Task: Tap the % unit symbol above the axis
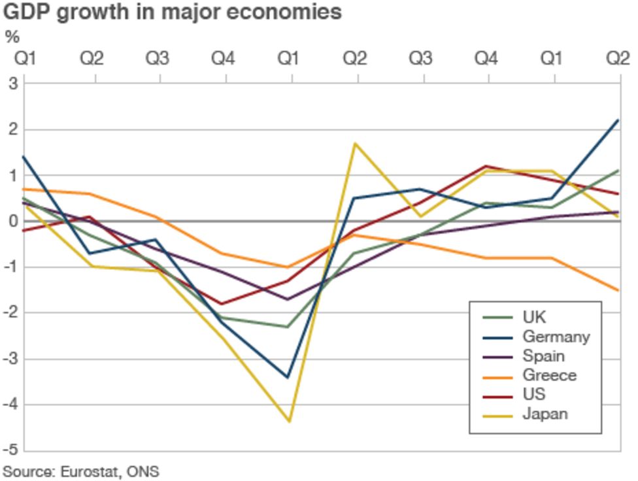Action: click(12, 37)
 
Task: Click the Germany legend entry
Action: click(556, 337)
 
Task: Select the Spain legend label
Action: click(543, 356)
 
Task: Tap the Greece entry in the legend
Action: click(549, 375)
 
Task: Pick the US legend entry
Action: click(533, 395)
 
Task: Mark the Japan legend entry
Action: click(545, 414)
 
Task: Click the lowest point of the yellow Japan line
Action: click(288, 422)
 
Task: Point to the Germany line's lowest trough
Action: click(288, 377)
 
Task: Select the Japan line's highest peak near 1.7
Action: click(355, 143)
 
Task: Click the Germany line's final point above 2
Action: click(618, 120)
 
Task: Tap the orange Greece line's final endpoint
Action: click(618, 290)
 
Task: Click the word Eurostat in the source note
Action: click(85, 471)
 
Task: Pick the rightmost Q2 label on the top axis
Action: click(615, 59)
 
